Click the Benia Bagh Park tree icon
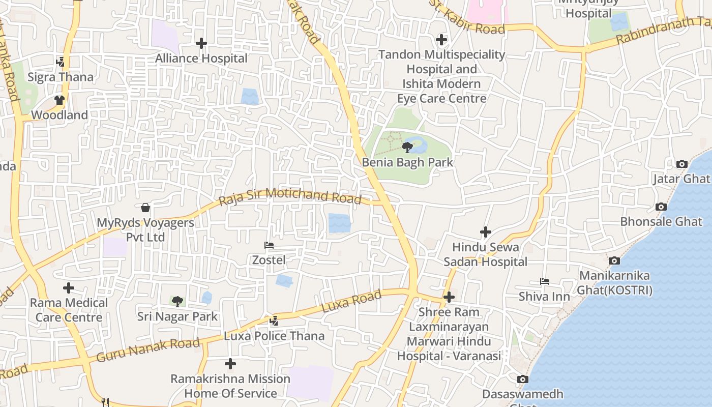tap(407, 148)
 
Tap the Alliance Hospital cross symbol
tap(201, 43)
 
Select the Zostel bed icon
tap(269, 245)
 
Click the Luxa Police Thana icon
tap(274, 321)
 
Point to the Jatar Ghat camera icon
tap(681, 164)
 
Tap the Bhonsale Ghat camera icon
tap(661, 207)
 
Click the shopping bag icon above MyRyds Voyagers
tap(145, 208)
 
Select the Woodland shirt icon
tap(60, 100)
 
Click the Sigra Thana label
tap(61, 77)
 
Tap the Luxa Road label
tap(351, 302)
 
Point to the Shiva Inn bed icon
tap(545, 281)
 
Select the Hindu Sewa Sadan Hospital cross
tap(486, 232)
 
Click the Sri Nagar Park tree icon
tap(177, 302)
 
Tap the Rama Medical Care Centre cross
tap(69, 288)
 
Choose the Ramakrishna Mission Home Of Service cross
tap(230, 364)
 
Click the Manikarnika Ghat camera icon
tap(614, 260)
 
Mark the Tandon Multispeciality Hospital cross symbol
tap(441, 39)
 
